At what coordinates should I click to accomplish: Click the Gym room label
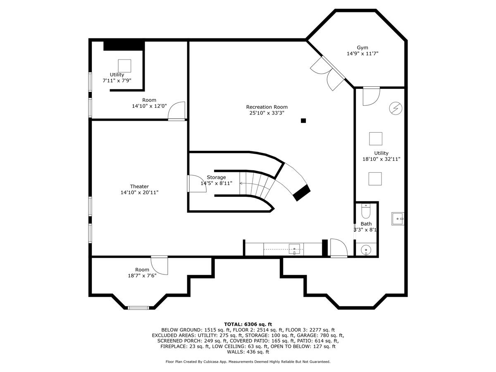tap(362, 48)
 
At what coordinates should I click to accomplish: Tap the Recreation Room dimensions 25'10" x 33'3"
tap(267, 113)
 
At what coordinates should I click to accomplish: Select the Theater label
tap(139, 186)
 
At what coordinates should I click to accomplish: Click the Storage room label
tap(216, 177)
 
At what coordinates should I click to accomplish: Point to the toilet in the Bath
tap(366, 211)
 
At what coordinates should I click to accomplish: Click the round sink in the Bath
tap(366, 250)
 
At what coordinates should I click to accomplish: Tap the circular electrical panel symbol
tap(396, 108)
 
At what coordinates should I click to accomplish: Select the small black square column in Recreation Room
tap(303, 121)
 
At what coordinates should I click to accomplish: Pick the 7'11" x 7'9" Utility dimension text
tap(117, 81)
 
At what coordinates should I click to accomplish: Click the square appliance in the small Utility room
tap(124, 66)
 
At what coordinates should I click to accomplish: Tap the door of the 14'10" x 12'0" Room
tap(176, 111)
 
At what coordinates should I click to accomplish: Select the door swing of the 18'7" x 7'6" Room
tap(159, 266)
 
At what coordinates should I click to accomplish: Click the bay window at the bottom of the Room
tap(138, 308)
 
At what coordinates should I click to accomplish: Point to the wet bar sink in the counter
tap(294, 249)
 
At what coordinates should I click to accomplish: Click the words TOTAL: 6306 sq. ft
tap(248, 324)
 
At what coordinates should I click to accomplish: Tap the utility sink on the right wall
tap(398, 219)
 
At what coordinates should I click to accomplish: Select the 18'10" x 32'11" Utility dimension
tap(381, 159)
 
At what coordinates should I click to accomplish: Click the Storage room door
tap(197, 184)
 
